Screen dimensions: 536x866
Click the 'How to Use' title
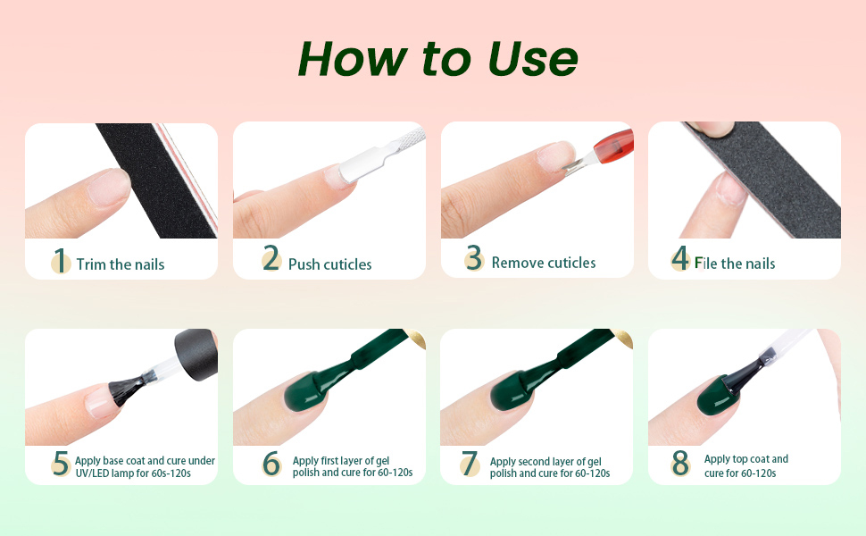[437, 59]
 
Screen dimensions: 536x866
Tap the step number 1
[60, 261]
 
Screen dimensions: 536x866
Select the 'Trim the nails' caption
[121, 264]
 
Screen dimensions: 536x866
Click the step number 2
[271, 261]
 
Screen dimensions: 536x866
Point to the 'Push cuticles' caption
[329, 264]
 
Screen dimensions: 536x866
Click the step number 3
[474, 259]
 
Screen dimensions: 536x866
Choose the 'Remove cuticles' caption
[544, 263]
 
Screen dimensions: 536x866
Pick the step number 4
[681, 260]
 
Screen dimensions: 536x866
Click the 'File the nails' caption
[735, 264]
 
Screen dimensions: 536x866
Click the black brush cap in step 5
[195, 356]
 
